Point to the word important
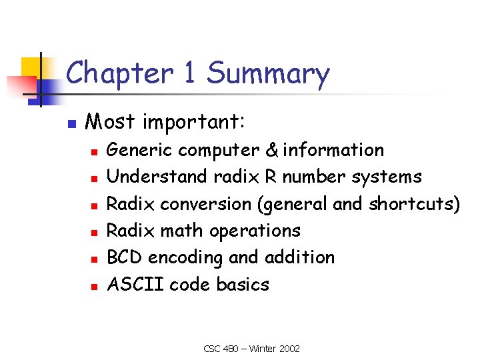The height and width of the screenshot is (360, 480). [x=194, y=123]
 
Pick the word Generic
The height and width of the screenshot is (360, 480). [x=141, y=151]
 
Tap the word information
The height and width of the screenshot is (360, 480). [x=333, y=150]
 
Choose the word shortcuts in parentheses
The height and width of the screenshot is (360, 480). [x=411, y=203]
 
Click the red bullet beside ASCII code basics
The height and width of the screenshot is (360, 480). [x=95, y=285]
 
